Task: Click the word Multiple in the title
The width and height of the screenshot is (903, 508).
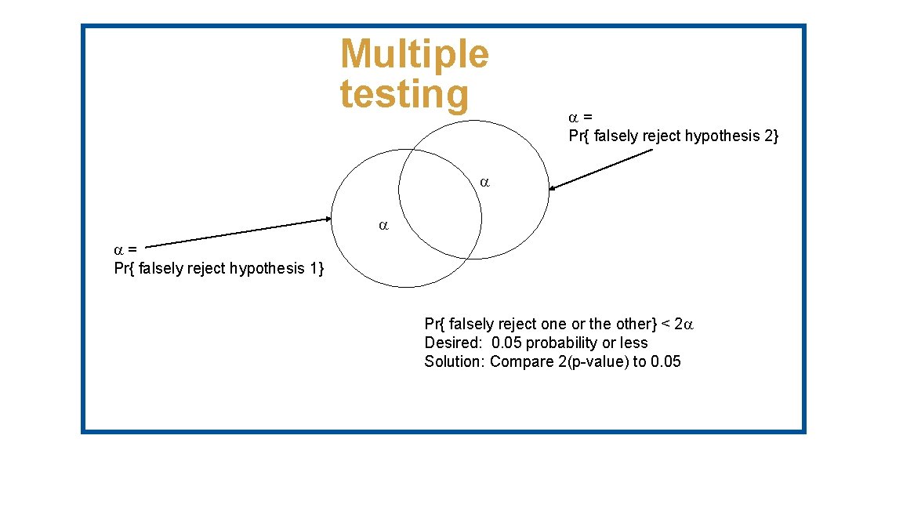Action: pos(414,54)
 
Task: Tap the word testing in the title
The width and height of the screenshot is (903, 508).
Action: pos(404,94)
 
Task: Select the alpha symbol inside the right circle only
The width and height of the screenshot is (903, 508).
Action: pos(484,183)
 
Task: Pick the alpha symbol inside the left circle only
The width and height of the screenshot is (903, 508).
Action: pos(383,226)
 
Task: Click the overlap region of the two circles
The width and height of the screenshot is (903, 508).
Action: pos(440,204)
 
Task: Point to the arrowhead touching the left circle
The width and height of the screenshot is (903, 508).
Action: pos(328,220)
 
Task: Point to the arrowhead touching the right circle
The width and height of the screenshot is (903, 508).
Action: pos(553,187)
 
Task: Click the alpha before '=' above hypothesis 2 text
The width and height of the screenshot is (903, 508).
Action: pos(573,118)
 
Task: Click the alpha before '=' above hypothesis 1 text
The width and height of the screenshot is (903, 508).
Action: pos(119,251)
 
